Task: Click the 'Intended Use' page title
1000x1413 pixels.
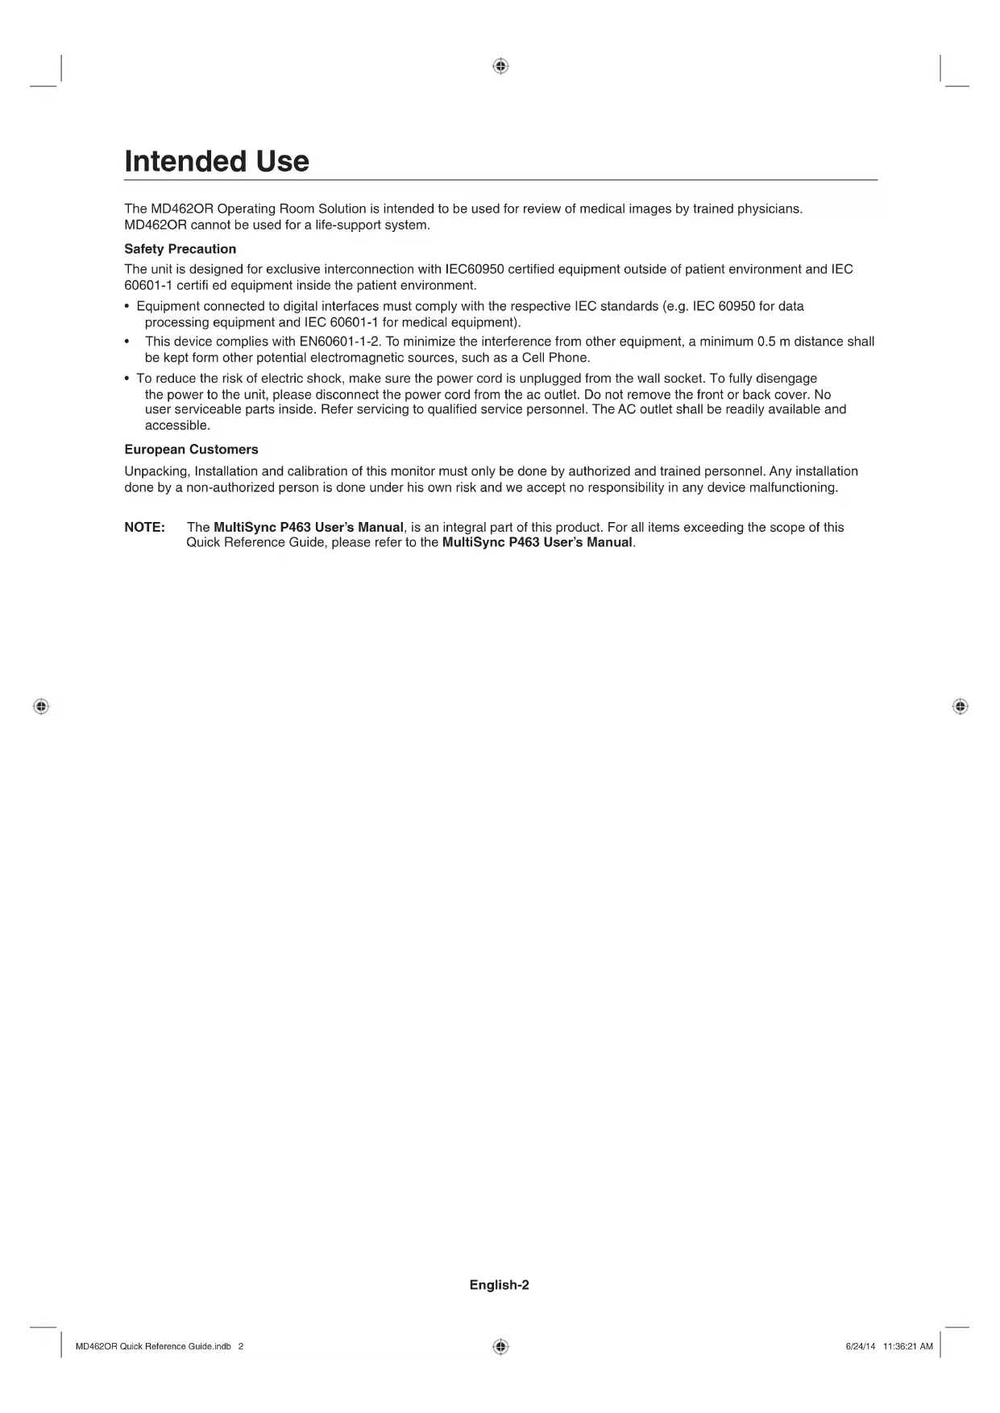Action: coord(217,161)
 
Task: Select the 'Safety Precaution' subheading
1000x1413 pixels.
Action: coord(180,249)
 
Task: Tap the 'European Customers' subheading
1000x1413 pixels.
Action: coord(191,450)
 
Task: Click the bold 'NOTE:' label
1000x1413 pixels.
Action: coord(145,528)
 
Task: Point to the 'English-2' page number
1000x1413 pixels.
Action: coord(500,1285)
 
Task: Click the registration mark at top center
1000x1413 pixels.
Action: coord(500,66)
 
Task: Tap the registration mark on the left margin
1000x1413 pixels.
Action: coord(41,706)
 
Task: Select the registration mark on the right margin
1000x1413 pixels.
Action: coord(959,706)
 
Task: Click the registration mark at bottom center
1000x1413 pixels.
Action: coord(500,1346)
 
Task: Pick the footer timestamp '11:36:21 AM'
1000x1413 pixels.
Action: coord(907,1346)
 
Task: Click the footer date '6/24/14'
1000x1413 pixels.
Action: coord(860,1346)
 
